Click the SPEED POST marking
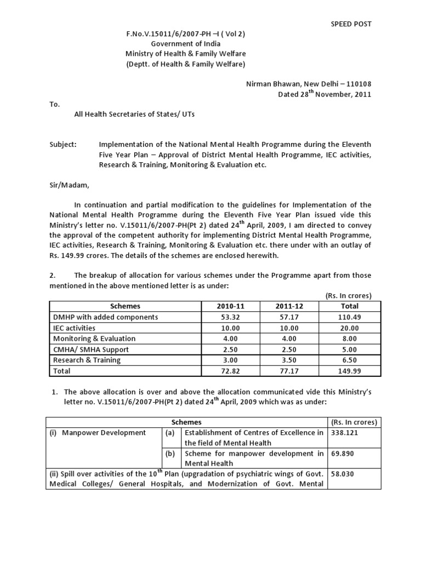click(351, 24)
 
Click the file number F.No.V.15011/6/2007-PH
click(185, 34)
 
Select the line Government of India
click(185, 44)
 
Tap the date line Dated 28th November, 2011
click(325, 94)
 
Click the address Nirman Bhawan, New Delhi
click(308, 84)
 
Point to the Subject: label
click(64, 145)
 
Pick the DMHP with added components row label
click(105, 317)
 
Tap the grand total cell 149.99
click(350, 371)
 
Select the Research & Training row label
click(87, 360)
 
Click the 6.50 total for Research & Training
click(350, 360)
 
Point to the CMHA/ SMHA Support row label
click(91, 350)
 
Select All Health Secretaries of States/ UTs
click(134, 115)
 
